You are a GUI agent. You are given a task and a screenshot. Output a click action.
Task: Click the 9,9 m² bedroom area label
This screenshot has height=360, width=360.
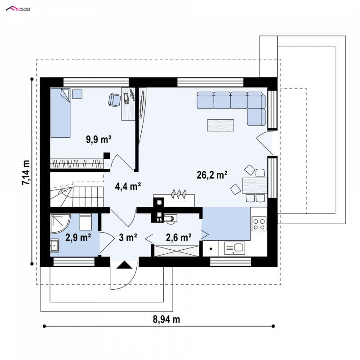pos(99,139)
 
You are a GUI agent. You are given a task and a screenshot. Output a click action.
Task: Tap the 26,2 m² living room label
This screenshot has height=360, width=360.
pos(212,175)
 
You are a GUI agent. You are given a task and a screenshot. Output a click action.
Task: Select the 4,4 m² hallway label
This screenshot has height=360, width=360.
pos(128,186)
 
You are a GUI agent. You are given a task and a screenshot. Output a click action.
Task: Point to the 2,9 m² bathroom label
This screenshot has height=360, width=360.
pos(78,238)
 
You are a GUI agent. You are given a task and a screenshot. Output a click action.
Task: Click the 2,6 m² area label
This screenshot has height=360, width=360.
pos(179,238)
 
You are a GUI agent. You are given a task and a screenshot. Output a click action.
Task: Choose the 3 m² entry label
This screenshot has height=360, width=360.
pos(128,238)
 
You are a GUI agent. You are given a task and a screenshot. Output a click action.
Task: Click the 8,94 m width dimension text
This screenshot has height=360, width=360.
pos(166,319)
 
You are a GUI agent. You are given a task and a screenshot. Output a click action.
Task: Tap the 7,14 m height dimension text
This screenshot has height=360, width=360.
pos(26,172)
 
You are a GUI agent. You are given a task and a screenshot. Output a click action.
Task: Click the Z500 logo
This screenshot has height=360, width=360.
pos(18,9)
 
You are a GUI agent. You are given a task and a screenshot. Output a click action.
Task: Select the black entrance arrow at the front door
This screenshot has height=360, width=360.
pos(125,265)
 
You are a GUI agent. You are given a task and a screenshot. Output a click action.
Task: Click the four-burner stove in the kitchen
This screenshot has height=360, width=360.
pos(259,224)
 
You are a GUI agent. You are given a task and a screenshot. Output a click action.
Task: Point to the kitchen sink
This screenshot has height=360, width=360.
pos(234,248)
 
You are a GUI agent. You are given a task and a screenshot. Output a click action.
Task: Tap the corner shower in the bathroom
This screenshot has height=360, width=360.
pos(60,224)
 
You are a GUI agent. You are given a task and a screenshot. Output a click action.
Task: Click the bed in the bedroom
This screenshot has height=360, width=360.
pos(60,113)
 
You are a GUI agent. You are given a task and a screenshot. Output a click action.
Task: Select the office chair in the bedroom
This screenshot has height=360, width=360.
pos(114,100)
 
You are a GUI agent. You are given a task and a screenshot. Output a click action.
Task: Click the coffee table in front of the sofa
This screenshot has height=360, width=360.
pos(220,126)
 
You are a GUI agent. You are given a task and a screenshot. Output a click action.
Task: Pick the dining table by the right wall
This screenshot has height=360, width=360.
pos(255,185)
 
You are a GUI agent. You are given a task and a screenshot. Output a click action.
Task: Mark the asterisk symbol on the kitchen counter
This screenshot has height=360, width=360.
pos(211,249)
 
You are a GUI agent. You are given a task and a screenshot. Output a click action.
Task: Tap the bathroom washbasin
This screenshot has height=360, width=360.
pos(54,246)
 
